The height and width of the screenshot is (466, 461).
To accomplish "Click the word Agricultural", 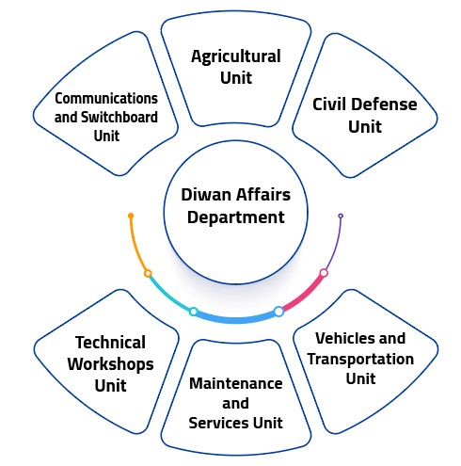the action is click(x=236, y=57).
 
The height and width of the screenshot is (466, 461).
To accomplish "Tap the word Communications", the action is click(x=106, y=99).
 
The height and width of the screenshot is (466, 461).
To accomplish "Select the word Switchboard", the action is click(x=119, y=118).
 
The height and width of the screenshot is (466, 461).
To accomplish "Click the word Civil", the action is click(x=328, y=104).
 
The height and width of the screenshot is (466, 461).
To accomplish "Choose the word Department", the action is click(x=236, y=217).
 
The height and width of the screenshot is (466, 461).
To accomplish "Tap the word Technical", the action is click(x=110, y=342).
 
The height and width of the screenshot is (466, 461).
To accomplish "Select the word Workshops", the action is click(x=110, y=364).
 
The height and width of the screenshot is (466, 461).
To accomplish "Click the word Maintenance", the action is click(x=236, y=383).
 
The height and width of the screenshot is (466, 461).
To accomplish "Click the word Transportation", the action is click(x=360, y=359).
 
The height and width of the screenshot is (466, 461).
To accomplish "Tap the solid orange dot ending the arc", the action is click(x=131, y=216).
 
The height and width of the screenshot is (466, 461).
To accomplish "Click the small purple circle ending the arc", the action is click(x=341, y=216).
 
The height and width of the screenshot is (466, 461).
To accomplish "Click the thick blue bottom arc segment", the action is click(x=236, y=320).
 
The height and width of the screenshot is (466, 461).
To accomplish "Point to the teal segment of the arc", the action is click(x=168, y=295).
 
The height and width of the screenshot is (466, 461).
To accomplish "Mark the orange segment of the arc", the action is click(x=135, y=247).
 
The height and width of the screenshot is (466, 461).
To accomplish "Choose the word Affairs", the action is click(x=263, y=195).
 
